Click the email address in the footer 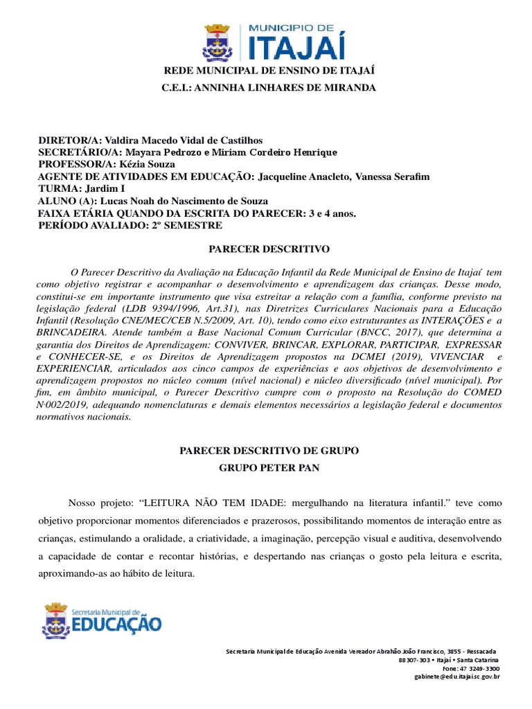point(456,677)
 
